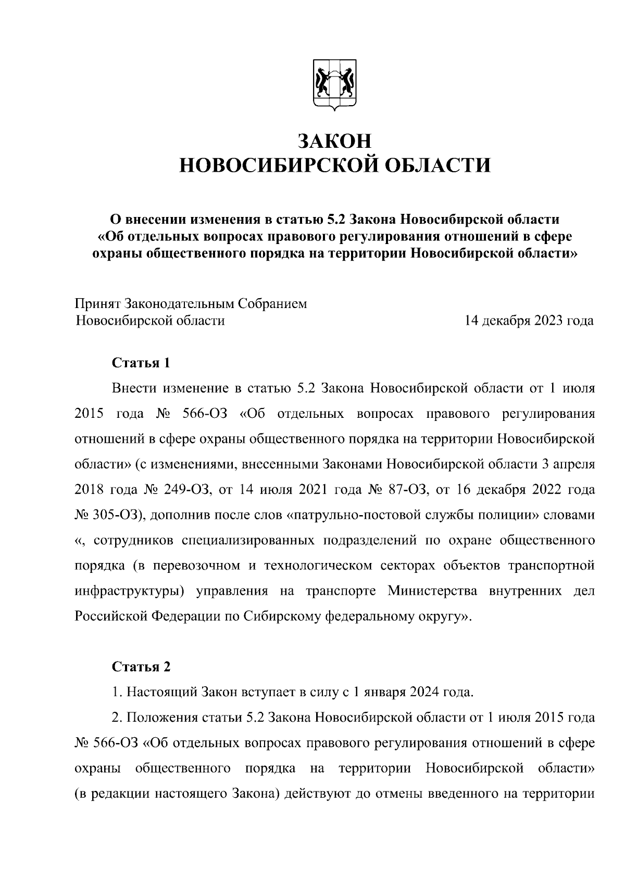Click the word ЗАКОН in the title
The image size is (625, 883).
tap(334, 142)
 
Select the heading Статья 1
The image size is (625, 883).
tap(141, 363)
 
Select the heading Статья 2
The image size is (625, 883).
tap(141, 667)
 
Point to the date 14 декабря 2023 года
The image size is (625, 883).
tap(529, 321)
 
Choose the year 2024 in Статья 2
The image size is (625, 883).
tap(424, 693)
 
